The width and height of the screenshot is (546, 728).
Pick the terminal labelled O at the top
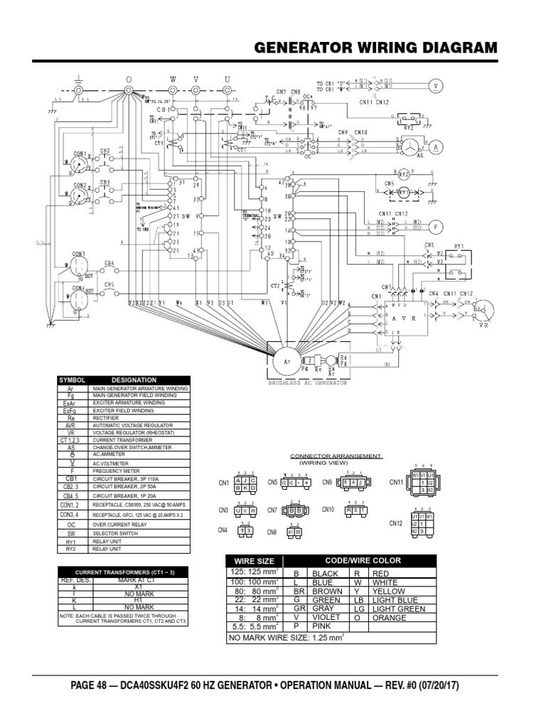pyautogui.click(x=129, y=90)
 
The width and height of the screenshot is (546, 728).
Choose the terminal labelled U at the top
pyautogui.click(x=227, y=90)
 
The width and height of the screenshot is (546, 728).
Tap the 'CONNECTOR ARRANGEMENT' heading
pyautogui.click(x=336, y=456)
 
